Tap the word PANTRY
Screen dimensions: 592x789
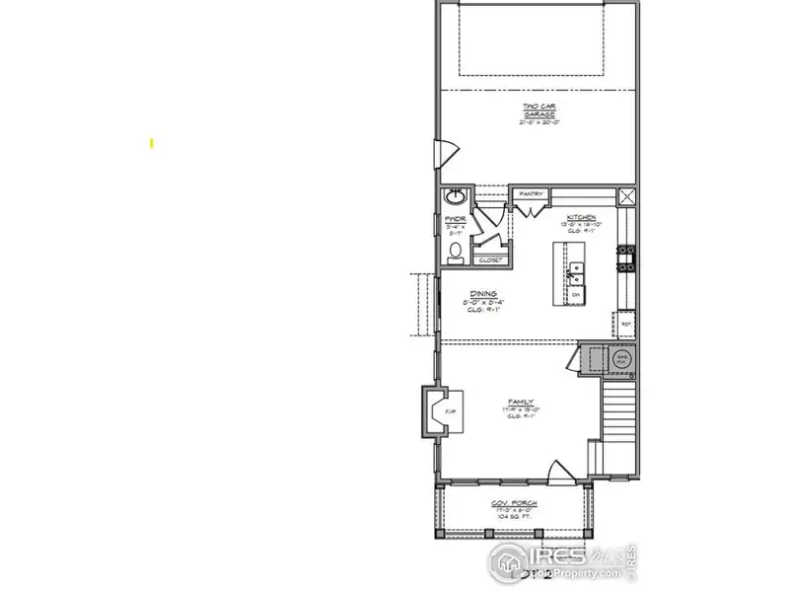[530, 194]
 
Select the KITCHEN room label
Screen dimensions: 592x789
[581, 217]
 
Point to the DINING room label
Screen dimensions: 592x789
[482, 293]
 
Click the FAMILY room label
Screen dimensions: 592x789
[521, 402]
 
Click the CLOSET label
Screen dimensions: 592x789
[489, 260]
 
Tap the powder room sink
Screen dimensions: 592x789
[457, 194]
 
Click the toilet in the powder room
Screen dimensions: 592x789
[456, 255]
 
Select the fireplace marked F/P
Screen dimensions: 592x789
[437, 411]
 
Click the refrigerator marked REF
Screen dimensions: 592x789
[625, 323]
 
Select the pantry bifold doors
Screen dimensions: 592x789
[530, 206]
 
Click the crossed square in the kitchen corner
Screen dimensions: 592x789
[627, 195]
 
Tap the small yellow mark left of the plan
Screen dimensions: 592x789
[152, 143]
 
